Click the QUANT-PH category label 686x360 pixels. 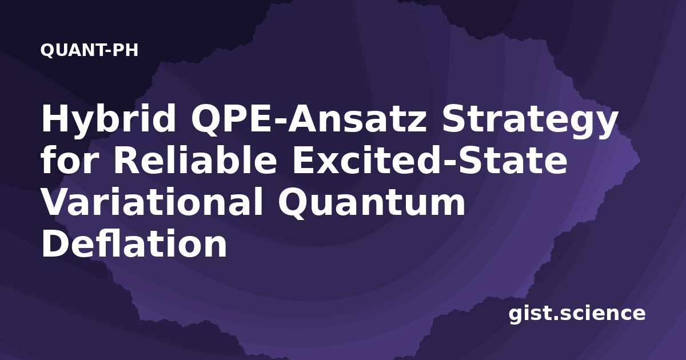89,50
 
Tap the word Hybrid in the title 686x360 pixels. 109,118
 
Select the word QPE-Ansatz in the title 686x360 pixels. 308,118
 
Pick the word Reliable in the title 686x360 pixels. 196,160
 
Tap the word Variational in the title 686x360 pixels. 152,202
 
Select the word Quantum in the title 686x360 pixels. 372,203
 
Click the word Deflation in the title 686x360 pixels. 134,243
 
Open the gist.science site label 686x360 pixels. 577,314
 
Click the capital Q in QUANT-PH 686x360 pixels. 47,50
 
